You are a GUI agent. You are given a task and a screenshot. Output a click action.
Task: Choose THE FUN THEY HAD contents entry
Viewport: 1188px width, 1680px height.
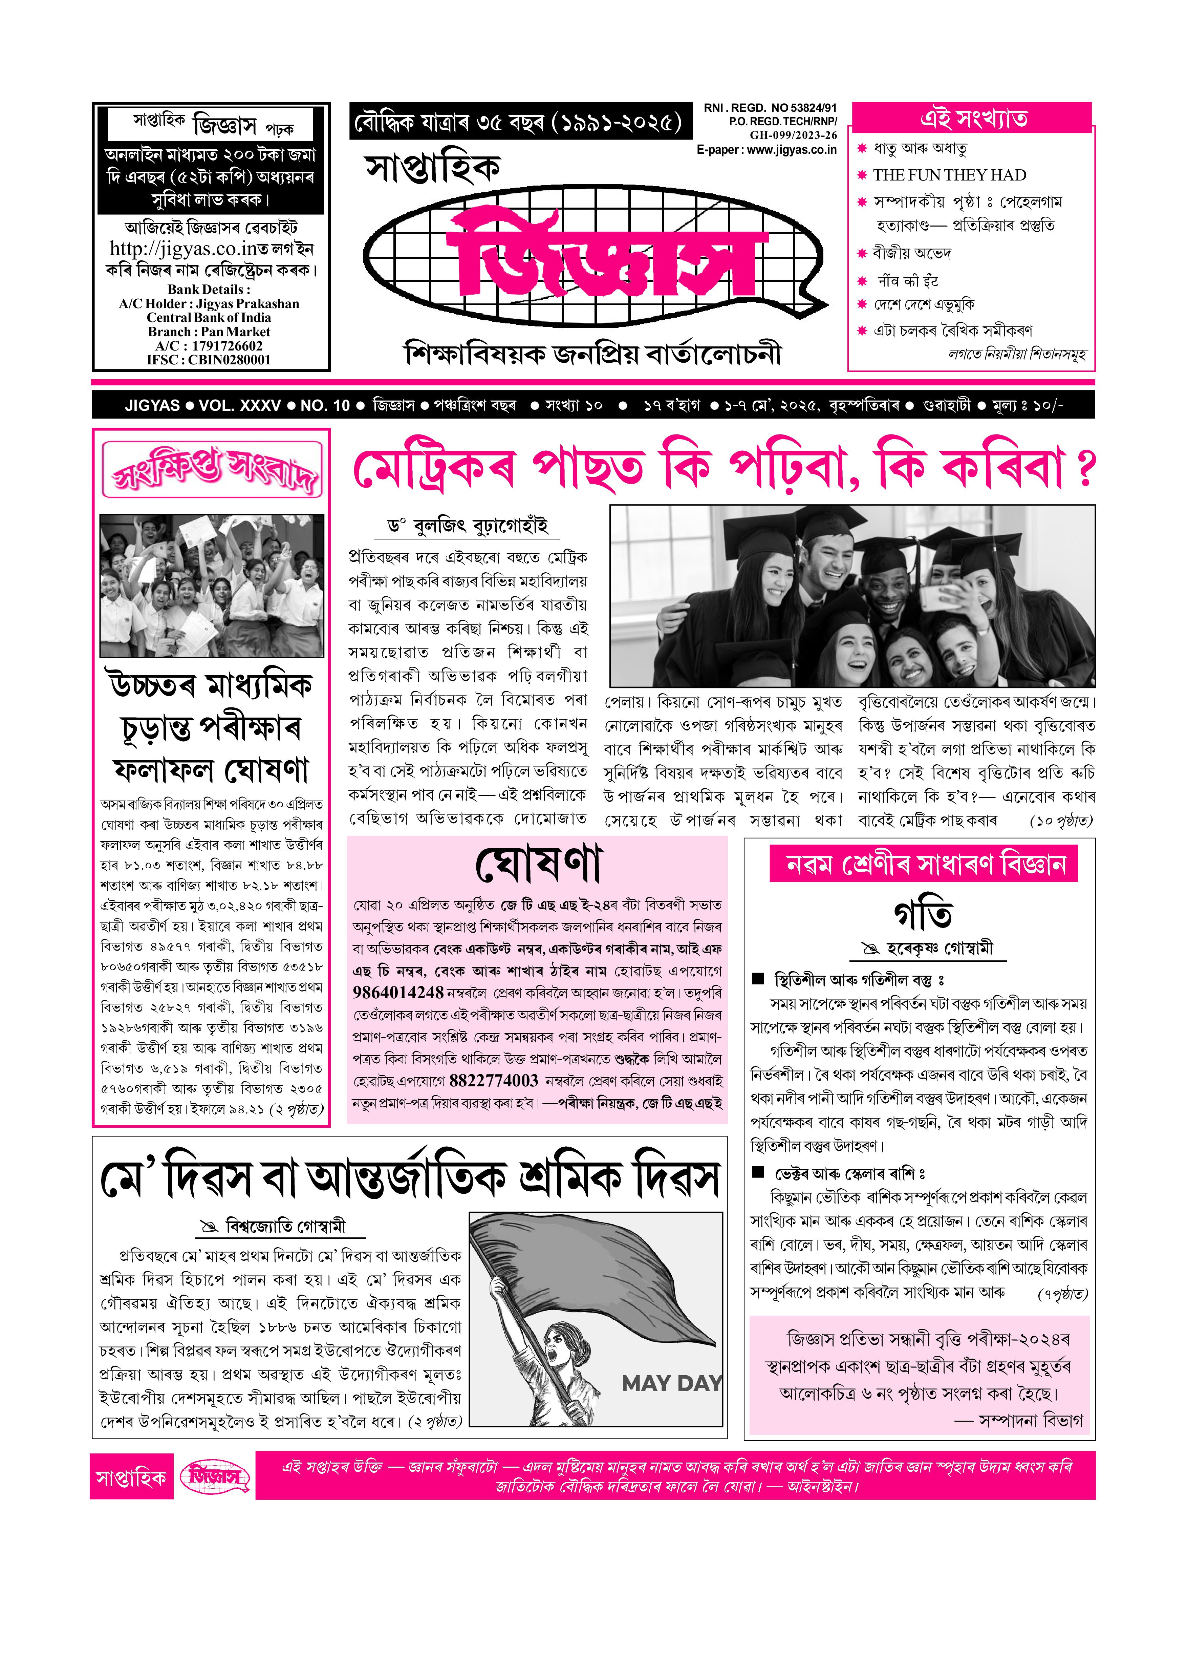pyautogui.click(x=949, y=175)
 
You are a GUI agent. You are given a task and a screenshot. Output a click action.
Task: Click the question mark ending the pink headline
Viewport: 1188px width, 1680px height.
pyautogui.click(x=1085, y=468)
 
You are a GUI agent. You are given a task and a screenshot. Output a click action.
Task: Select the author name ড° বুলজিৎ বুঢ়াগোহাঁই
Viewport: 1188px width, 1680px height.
pyautogui.click(x=468, y=526)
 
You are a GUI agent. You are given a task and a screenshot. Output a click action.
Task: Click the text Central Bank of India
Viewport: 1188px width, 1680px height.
pyautogui.click(x=209, y=318)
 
